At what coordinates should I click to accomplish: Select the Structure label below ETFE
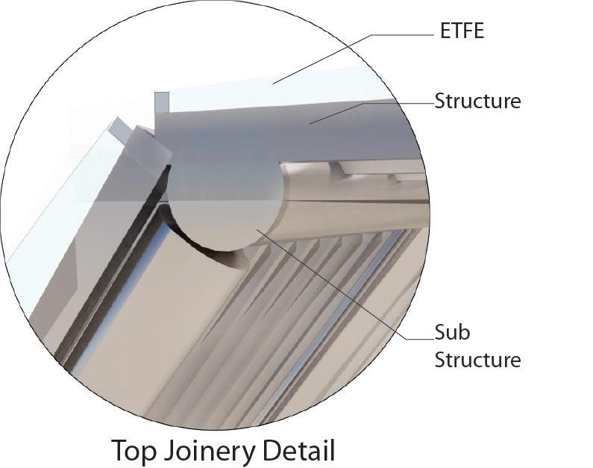tap(477, 101)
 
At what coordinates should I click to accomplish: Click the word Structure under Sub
tap(477, 360)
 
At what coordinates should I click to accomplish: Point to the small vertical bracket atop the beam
tap(162, 102)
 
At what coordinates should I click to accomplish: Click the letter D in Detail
tap(274, 451)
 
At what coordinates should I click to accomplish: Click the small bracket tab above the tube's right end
tap(339, 168)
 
